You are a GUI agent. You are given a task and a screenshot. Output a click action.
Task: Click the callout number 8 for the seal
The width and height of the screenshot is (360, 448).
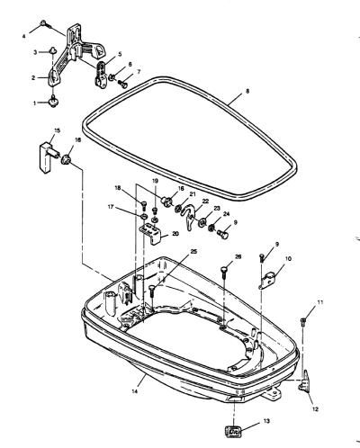pyautogui.click(x=247, y=92)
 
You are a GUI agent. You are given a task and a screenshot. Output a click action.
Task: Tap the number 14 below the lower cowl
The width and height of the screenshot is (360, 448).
pyautogui.click(x=135, y=391)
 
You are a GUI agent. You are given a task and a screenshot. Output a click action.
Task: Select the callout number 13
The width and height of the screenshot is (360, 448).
pyautogui.click(x=266, y=421)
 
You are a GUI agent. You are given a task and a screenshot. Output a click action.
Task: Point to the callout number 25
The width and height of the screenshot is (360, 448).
pyautogui.click(x=193, y=251)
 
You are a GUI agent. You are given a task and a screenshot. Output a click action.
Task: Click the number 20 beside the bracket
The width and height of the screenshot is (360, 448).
pyautogui.click(x=175, y=233)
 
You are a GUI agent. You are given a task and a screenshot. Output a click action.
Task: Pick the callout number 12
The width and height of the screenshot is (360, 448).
pyautogui.click(x=315, y=408)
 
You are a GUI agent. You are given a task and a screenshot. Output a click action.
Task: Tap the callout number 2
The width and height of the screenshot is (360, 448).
pyautogui.click(x=33, y=77)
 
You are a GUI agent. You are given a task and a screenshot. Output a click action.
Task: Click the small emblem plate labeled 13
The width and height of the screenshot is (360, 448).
pyautogui.click(x=233, y=432)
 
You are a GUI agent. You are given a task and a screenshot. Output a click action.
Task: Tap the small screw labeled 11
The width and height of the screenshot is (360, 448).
pyautogui.click(x=303, y=322)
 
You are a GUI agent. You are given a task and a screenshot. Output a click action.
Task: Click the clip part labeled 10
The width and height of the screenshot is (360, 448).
pyautogui.click(x=268, y=280)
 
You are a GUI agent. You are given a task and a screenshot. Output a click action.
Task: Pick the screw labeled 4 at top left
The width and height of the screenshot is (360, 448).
pyautogui.click(x=44, y=23)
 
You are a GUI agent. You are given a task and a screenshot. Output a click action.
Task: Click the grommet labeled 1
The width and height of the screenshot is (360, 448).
pyautogui.click(x=54, y=102)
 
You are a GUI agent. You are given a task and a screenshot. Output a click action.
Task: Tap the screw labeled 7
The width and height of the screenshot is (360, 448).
pyautogui.click(x=122, y=84)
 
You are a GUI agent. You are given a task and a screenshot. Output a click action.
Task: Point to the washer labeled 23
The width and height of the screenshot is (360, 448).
pyautogui.click(x=202, y=222)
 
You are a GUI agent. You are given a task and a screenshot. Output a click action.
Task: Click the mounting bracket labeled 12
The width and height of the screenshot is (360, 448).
pyautogui.click(x=305, y=381)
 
